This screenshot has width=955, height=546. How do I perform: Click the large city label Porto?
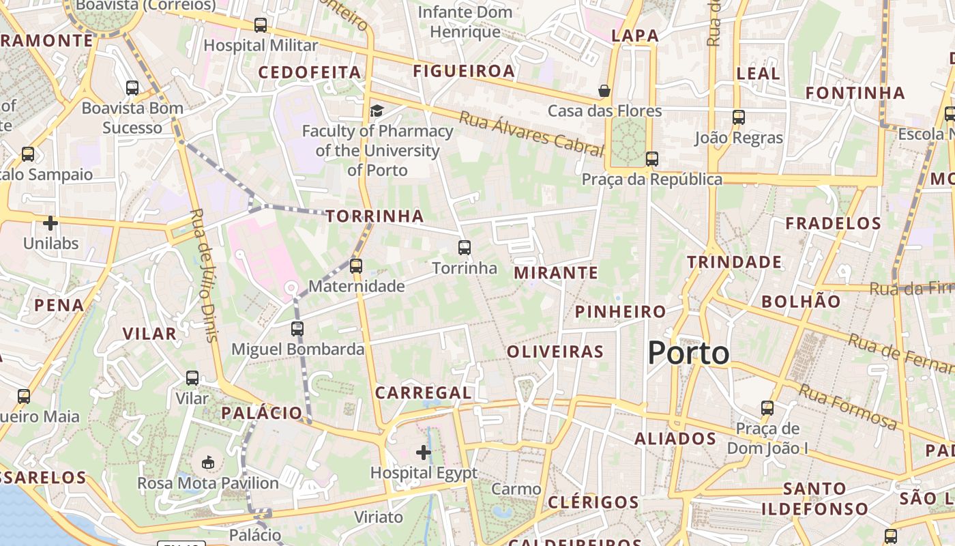coord(688,353)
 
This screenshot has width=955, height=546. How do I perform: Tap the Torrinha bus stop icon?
coord(465,247)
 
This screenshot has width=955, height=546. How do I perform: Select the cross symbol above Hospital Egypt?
coord(424,452)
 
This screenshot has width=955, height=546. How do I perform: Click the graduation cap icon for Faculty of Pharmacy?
coord(377,111)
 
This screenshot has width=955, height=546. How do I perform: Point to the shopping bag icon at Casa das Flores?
coord(604,90)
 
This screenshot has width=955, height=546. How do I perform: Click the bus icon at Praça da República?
coord(652,158)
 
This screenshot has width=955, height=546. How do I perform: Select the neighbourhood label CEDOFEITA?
coord(310,72)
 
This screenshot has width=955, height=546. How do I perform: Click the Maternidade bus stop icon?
coord(356,265)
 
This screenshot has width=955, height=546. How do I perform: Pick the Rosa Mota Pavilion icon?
coord(208,463)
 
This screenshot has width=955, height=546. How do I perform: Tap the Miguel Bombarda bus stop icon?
coord(297,328)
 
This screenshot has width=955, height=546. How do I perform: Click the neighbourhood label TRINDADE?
coord(734,262)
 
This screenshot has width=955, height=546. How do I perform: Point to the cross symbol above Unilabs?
coord(50,222)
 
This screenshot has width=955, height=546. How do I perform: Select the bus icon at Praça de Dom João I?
coord(767,408)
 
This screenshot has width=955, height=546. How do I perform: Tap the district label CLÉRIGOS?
coord(593,502)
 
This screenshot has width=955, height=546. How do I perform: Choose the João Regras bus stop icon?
coord(739,117)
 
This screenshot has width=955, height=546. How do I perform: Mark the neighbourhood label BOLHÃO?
coord(801,301)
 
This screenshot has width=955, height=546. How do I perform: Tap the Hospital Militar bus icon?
coord(261,25)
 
